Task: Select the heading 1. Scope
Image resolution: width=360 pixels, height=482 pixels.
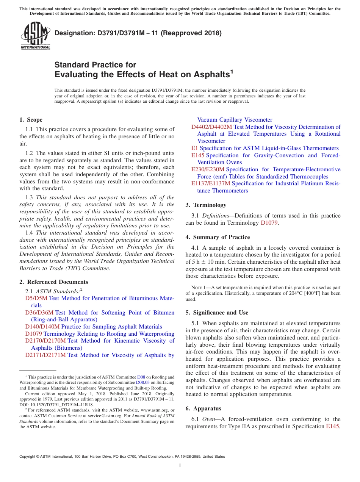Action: coord(31,120)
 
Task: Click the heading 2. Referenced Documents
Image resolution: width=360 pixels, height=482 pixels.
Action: coord(54,282)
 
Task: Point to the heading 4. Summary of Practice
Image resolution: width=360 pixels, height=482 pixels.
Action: coord(218,237)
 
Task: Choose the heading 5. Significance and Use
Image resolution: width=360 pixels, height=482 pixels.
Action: coord(217,313)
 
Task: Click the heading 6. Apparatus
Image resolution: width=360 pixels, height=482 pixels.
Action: coord(203,408)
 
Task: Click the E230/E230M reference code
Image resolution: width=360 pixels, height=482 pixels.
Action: coord(208,169)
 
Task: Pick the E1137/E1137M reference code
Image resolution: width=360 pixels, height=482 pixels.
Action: coord(211,183)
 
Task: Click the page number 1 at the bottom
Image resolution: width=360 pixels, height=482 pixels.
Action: coord(180,466)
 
